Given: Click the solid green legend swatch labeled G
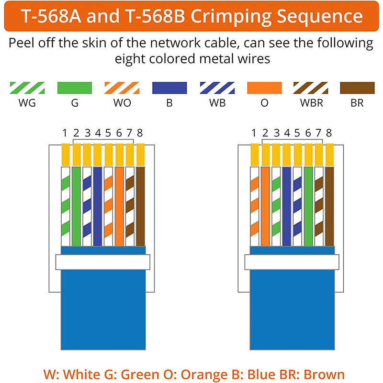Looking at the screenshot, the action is (x=75, y=88).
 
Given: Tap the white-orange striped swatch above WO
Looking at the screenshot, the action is (x=122, y=88).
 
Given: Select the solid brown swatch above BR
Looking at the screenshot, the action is (x=357, y=88).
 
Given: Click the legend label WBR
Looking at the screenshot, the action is (x=312, y=103).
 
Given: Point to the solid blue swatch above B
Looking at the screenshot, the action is (x=169, y=88).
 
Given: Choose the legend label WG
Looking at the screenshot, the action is (x=27, y=103).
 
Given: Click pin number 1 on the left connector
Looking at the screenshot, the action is (x=65, y=133).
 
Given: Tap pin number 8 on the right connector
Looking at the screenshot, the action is (x=329, y=133).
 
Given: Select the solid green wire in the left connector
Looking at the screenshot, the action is (x=76, y=206).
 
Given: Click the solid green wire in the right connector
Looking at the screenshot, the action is (x=308, y=206).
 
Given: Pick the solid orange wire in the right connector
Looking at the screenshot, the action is (x=266, y=206).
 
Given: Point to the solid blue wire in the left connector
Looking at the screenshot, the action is (x=98, y=206).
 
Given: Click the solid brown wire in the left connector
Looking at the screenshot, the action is (x=140, y=206).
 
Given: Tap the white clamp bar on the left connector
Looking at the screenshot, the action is (x=103, y=262).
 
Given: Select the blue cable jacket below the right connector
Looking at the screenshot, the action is (x=292, y=310).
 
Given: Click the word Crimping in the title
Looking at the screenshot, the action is (x=231, y=17).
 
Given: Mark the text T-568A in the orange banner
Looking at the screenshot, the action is (x=51, y=16).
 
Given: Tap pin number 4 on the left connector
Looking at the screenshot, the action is (x=98, y=133).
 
